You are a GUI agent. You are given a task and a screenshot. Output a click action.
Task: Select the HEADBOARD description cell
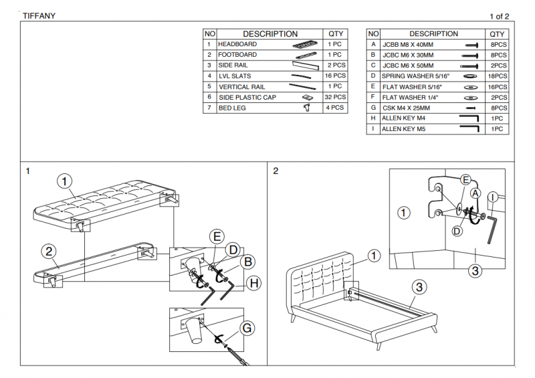pos(237,44)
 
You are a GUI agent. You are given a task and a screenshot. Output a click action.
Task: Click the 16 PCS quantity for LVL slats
pos(335,76)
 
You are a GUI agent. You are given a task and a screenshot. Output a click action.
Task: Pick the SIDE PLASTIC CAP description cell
pos(247,97)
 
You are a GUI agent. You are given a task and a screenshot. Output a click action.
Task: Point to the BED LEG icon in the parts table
pos(308,107)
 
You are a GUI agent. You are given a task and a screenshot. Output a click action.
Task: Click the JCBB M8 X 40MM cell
pos(408,44)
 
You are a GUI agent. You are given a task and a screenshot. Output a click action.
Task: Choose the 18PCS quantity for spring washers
pos(497,76)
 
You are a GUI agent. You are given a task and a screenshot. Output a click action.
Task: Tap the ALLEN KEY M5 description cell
pos(403,129)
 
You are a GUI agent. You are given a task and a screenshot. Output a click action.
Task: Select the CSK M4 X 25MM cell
pos(406,108)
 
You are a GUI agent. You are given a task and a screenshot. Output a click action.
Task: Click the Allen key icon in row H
pos(469,118)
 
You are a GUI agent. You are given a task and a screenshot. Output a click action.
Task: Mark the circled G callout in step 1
pos(247,328)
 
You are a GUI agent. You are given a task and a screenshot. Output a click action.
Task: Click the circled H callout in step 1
pos(253,284)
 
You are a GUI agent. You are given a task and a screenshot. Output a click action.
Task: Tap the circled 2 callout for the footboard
pos(48,252)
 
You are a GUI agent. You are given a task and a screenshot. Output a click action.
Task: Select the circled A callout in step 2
pos(475,192)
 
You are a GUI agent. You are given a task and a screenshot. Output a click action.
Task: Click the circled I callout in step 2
pos(492,197)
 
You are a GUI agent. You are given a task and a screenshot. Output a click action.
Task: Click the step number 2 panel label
pos(276,171)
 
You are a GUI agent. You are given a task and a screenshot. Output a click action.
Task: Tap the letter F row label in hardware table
pos(373,97)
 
